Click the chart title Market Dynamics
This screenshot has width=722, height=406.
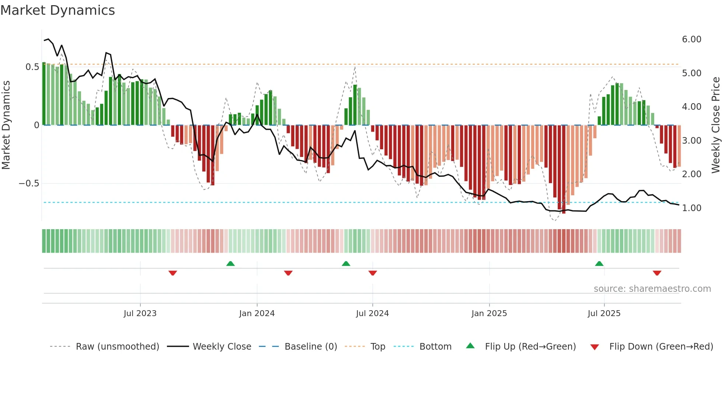58,10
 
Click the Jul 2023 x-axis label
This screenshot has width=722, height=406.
140,314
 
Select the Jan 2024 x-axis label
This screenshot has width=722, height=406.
257,314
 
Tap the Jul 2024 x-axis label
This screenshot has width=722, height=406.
372,314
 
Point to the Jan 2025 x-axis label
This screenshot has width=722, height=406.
489,314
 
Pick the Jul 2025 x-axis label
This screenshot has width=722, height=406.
604,314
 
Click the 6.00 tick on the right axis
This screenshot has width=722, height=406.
691,39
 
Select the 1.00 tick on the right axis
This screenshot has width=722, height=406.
691,208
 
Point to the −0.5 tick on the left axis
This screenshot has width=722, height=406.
29,183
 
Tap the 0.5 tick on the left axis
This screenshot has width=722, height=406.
32,67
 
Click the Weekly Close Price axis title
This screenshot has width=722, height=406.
715,125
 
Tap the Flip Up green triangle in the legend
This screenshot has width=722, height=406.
470,346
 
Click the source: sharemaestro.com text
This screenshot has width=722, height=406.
652,289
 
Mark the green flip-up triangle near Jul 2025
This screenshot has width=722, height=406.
599,264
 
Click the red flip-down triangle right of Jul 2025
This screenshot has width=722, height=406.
657,273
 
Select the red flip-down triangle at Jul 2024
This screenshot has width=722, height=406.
372,273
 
